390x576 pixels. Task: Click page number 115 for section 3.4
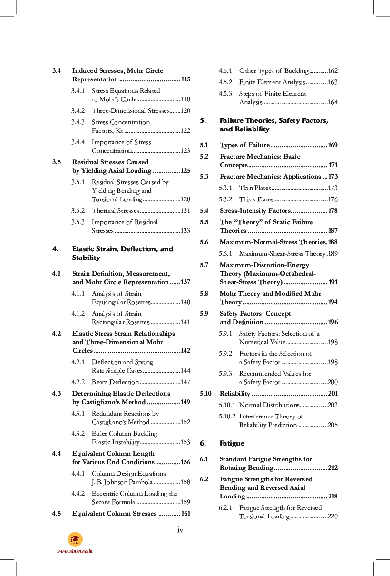click(185, 79)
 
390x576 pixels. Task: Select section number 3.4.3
click(78, 122)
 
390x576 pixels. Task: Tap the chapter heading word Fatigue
click(232, 443)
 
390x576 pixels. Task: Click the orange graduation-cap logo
click(75, 539)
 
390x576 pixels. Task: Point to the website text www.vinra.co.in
click(75, 551)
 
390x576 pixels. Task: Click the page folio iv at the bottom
click(180, 530)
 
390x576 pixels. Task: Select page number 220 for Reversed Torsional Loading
click(332, 516)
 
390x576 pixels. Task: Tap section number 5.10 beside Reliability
click(205, 394)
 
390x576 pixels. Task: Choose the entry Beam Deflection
click(115, 382)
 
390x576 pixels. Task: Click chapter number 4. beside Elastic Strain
click(56, 249)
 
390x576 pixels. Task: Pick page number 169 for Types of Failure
click(332, 145)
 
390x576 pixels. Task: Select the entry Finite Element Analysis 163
click(272, 82)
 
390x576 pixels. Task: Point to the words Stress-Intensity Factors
click(254, 211)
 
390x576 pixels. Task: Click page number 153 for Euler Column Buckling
click(185, 442)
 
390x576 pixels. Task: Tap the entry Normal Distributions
click(269, 405)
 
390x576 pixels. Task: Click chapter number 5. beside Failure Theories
click(203, 120)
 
